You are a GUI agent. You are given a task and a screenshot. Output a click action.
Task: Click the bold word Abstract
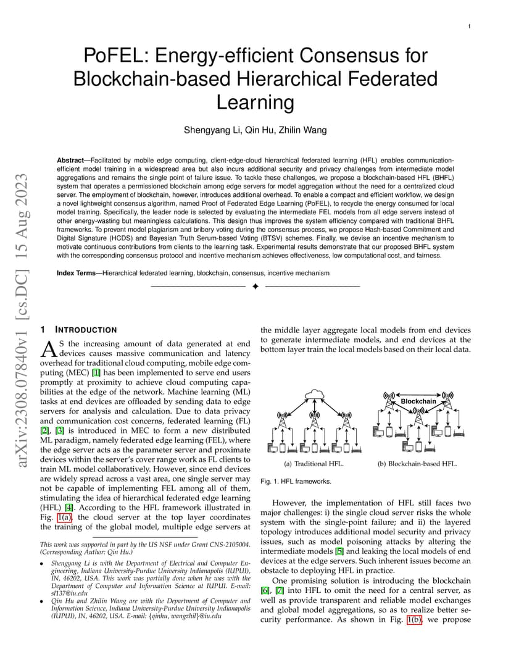coord(70,161)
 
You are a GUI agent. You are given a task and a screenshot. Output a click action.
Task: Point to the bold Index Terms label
coord(77,273)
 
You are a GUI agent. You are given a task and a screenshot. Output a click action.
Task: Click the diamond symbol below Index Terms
coord(255,287)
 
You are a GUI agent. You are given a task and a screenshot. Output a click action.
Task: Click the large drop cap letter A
coord(49,349)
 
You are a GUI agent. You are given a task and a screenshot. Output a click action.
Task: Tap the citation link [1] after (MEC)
coord(96,373)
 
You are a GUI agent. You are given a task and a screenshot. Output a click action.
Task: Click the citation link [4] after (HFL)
coord(69,508)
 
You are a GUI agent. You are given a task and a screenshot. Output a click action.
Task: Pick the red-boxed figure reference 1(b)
coord(414,620)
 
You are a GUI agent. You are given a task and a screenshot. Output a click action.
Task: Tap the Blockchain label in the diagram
coord(418,401)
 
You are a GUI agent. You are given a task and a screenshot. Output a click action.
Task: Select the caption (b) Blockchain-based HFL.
coord(417,464)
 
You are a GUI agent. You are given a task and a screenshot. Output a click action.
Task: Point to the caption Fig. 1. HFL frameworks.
coord(296,481)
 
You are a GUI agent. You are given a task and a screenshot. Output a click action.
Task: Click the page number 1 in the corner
coord(469,26)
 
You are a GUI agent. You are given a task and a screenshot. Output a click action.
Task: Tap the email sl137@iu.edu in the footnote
coord(70,593)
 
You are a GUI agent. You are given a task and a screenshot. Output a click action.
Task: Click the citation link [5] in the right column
coord(339,551)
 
